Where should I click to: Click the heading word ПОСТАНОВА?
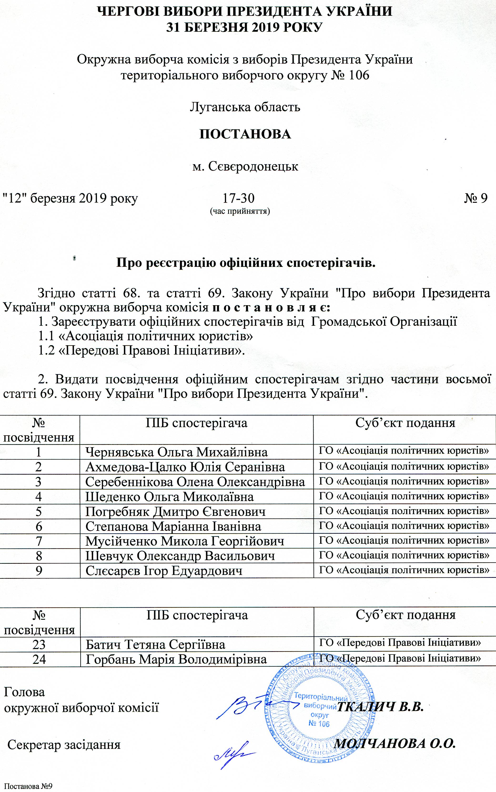click(x=245, y=134)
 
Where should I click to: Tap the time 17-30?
click(x=238, y=198)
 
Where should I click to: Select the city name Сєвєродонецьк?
click(x=245, y=166)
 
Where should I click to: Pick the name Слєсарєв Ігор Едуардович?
click(x=164, y=571)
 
